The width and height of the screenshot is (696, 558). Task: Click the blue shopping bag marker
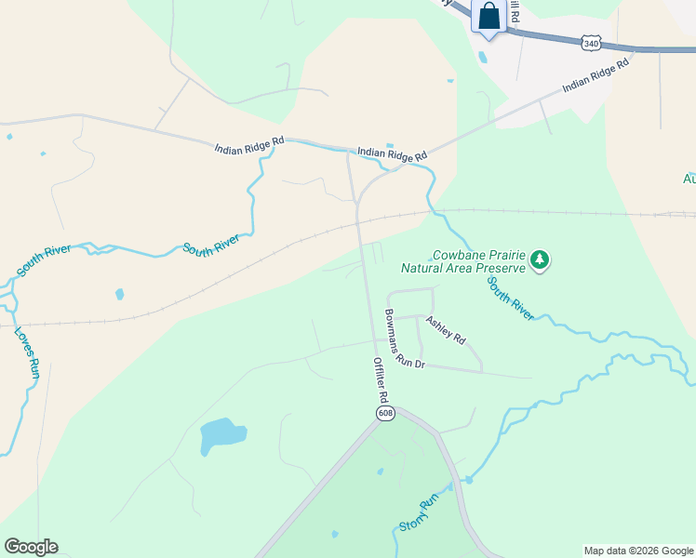489,17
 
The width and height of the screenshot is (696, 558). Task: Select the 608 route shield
385,411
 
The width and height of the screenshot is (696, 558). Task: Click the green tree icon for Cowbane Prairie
540,261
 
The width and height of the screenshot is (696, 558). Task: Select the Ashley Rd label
446,329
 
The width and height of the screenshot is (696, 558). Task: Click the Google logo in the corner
31,547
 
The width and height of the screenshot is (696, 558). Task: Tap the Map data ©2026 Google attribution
639,551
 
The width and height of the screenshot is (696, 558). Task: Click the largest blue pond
222,434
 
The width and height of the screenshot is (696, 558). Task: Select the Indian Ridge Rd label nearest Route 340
596,75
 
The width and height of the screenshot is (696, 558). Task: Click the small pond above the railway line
119,295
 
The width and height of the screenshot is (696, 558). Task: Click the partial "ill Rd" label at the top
513,12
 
